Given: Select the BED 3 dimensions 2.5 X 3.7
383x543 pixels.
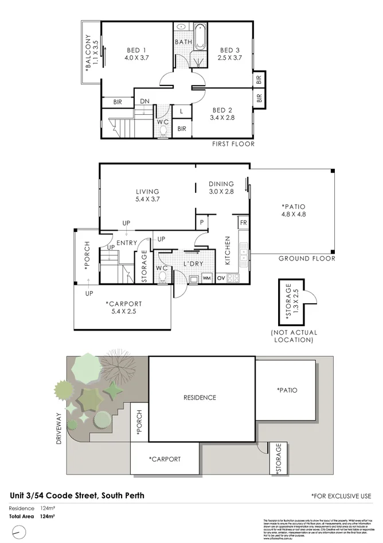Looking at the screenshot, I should pos(229,58).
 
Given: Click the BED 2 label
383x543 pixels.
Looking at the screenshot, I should pos(222,110).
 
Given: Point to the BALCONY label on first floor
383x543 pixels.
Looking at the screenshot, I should pos(88,52).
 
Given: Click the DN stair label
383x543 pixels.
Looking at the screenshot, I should pos(144,102).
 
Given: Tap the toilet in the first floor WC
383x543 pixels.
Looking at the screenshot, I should pos(163,132).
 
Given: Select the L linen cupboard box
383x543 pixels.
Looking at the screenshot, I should pos(181,111).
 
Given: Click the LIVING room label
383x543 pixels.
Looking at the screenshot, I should pos(147,192).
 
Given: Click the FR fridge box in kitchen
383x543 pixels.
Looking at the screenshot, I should pos(243,223).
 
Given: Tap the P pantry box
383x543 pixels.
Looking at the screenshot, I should pos(202,222).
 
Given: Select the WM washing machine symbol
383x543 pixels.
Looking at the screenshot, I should pos(206,278).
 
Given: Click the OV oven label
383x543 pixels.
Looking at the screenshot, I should pos(220,278).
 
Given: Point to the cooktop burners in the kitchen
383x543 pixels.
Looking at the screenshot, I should pos(233,278).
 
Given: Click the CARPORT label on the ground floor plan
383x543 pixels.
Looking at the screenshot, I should pos(123,304).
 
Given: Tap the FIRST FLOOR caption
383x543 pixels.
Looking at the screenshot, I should pos(233,143).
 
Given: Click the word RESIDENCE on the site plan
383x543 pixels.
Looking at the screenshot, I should pos(200,397).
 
